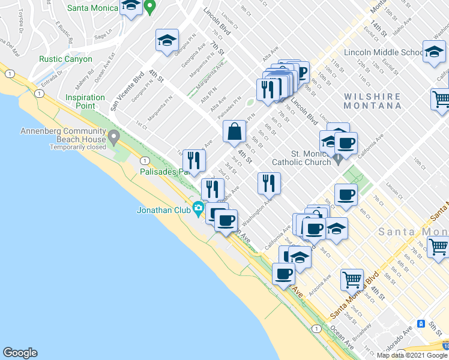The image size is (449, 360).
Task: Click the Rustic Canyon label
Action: coord(65,59)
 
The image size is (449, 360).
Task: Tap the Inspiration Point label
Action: coord(85,101)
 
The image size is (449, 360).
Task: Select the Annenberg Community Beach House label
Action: coord(63,135)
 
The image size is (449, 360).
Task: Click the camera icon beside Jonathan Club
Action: coord(197,209)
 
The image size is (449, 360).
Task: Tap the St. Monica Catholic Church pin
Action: coord(339,160)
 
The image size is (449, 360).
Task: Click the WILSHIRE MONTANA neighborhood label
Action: coord(373,101)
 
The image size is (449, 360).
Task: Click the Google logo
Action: coord(20,353)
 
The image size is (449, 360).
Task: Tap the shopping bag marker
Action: coord(234,132)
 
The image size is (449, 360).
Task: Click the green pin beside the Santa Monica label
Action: coord(151,7)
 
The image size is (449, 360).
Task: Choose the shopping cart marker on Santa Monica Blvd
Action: coord(352,279)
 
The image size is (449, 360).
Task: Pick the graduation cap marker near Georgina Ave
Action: coord(167,41)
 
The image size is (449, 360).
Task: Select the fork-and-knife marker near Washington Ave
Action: coord(269,182)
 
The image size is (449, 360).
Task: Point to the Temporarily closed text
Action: coord(77,147)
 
